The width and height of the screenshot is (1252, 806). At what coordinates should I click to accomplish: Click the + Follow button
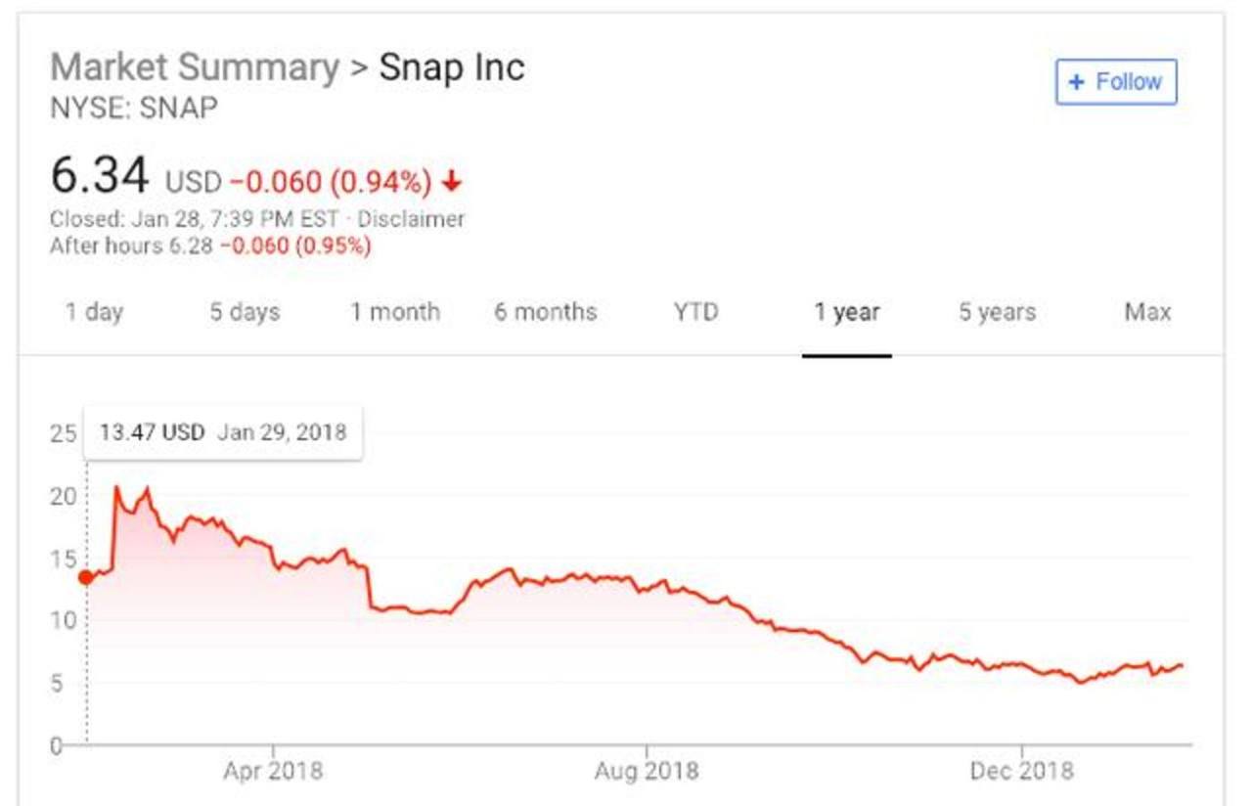(x=1116, y=82)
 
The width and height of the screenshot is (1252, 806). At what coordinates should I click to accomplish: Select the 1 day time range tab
(x=95, y=312)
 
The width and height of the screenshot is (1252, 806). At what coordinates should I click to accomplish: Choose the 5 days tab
(x=245, y=312)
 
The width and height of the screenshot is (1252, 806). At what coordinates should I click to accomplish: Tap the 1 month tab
(x=395, y=312)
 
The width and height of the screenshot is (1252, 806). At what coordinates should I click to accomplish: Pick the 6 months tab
(x=545, y=312)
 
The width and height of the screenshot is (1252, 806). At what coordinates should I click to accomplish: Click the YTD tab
(x=695, y=312)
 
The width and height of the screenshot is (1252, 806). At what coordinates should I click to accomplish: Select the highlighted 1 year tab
(x=846, y=312)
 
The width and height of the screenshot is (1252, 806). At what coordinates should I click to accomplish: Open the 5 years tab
(x=997, y=312)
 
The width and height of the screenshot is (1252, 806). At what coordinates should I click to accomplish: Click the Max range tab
(x=1147, y=312)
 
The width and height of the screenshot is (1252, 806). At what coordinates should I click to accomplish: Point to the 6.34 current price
(x=100, y=178)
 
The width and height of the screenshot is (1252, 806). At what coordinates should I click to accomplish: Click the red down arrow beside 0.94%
(x=451, y=182)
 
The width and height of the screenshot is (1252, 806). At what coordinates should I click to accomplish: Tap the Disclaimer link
(x=411, y=219)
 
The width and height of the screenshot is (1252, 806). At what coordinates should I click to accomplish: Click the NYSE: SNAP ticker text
(x=134, y=107)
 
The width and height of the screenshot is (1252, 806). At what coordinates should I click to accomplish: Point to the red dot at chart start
(x=86, y=577)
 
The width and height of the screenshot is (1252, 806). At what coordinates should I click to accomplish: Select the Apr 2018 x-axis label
(x=273, y=771)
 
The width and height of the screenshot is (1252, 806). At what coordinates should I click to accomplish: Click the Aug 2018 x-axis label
(x=647, y=771)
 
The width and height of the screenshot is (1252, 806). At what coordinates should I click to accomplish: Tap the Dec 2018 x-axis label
(x=1021, y=771)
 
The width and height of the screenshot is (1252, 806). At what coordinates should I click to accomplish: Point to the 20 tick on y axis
(x=64, y=496)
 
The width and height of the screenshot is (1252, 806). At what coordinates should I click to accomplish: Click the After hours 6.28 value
(x=190, y=246)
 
